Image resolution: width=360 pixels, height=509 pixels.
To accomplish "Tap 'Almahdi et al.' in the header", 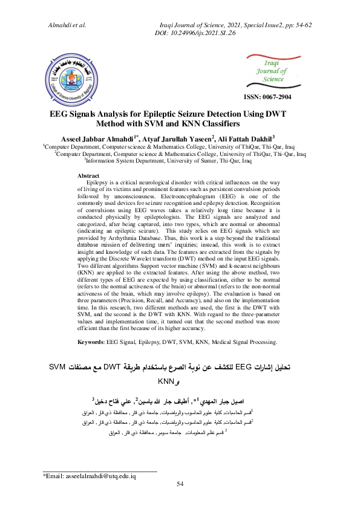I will pyautogui.click(x=67, y=25).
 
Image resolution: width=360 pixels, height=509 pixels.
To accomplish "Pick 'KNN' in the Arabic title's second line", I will pyautogui.click(x=165, y=381).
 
